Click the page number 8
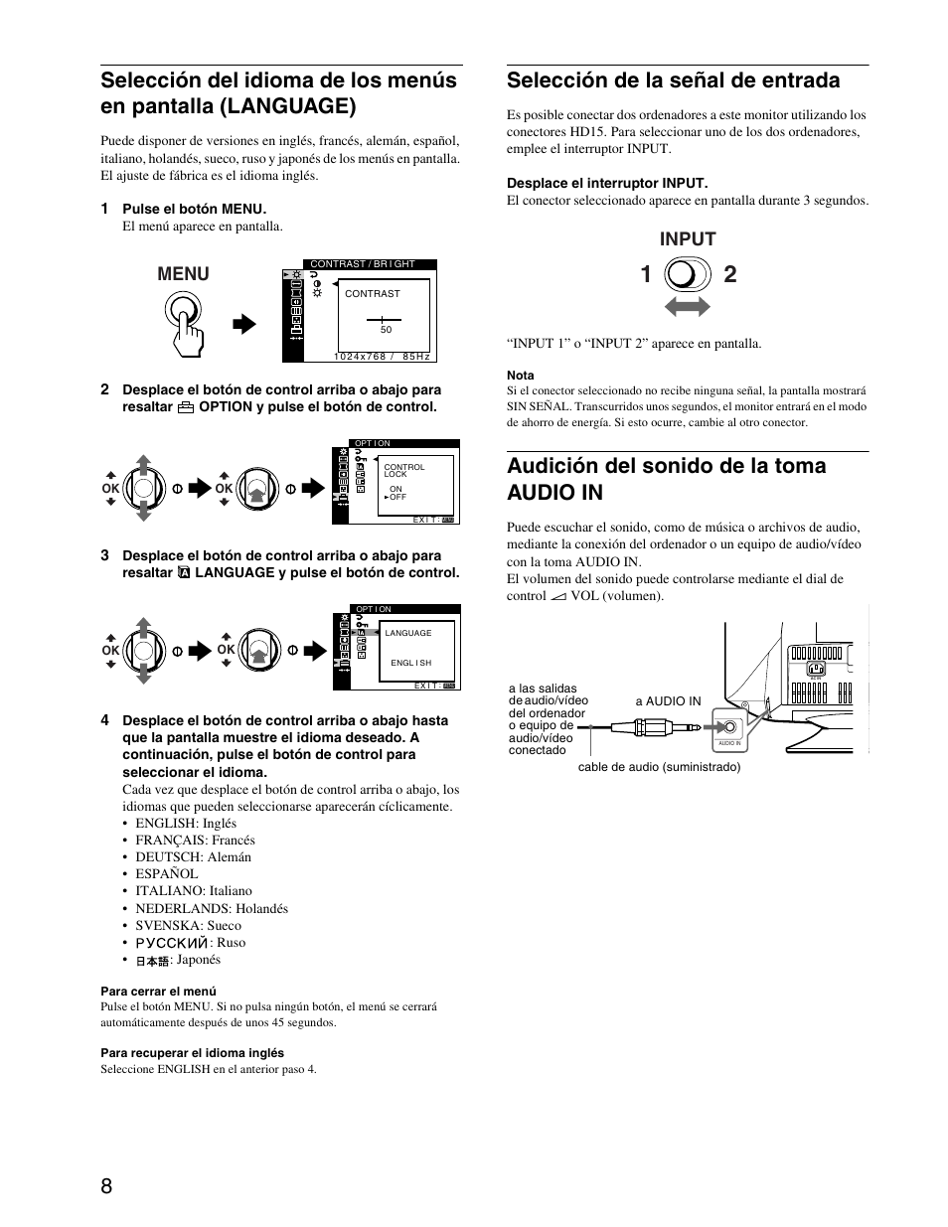tap(106, 1186)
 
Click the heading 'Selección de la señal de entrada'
tap(673, 80)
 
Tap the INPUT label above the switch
tap(688, 238)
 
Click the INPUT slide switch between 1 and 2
tap(688, 274)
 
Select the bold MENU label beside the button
tap(184, 274)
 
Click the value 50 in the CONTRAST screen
tap(386, 330)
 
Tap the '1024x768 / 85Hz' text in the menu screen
tap(382, 356)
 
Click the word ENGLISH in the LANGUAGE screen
tap(410, 663)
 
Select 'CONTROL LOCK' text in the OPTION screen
tap(403, 470)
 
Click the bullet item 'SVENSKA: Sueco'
tap(188, 925)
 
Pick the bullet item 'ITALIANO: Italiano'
tap(193, 891)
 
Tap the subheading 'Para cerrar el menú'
tap(158, 991)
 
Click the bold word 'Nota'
tap(520, 376)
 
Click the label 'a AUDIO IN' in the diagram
tap(668, 701)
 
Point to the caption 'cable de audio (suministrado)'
tap(659, 767)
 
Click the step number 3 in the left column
tap(104, 555)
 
